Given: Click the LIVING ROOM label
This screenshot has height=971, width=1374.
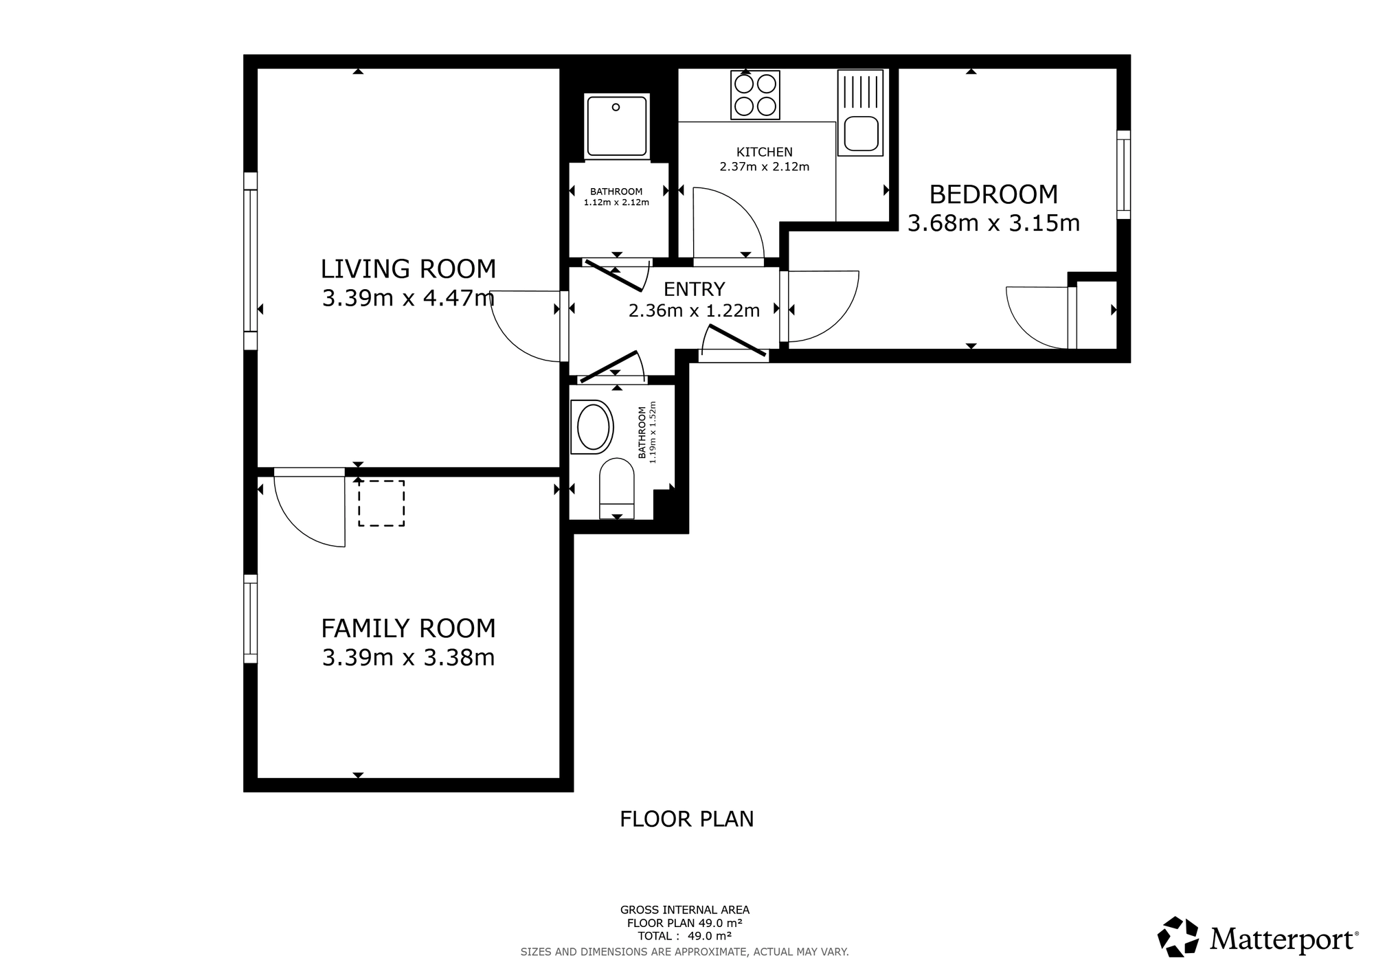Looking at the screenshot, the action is pos(408,269).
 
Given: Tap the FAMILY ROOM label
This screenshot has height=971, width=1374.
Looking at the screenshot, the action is pos(408,628).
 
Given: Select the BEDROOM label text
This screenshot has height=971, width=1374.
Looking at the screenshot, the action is pos(993,194).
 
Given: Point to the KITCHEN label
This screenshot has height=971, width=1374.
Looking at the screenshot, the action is pos(764,152).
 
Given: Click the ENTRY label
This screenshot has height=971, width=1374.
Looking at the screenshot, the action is pos(694,289).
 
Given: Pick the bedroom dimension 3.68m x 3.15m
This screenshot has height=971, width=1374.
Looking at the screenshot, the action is pos(993,223).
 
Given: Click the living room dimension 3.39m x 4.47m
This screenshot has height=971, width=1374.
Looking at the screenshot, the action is pos(408,298).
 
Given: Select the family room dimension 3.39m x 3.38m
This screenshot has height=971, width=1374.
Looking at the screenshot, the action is pos(408,658).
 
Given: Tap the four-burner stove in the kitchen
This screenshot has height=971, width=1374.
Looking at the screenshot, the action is pos(756,95).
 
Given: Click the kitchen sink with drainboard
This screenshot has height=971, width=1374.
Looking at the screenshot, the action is pos(860,113).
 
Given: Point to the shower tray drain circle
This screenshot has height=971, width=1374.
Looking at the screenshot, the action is pos(616,107).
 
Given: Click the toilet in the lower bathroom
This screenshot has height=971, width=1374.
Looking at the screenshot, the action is pos(617,488).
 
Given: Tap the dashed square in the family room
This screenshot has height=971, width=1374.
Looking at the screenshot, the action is pos(381,503).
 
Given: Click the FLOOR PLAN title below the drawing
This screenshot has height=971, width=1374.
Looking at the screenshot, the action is pos(687,819).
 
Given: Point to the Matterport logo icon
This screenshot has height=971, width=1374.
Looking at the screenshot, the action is pos(1179,937).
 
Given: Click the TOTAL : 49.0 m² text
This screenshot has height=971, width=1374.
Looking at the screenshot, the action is pos(684,935).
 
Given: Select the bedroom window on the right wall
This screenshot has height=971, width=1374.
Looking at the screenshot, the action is pos(1123,174).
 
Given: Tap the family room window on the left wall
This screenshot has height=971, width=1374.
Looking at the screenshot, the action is pos(251,619).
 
